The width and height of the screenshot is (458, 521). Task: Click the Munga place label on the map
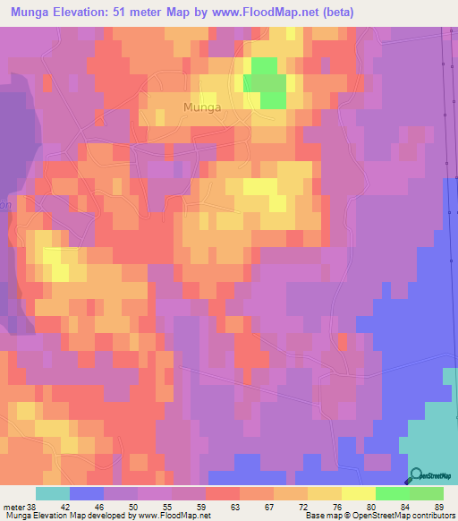coord(201,107)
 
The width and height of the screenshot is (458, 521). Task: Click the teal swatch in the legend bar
coord(53,493)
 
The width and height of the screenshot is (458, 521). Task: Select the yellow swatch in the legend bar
coord(358,493)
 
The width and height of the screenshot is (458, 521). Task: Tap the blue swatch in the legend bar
coord(87,493)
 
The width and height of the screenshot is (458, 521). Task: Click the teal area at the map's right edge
coord(438,430)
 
